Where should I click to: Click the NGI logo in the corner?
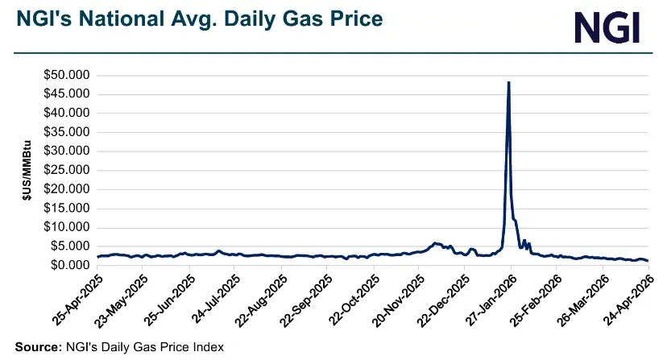607,27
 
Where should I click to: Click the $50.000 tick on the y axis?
68,75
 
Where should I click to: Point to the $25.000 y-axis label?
68,171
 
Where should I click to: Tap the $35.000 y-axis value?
68,132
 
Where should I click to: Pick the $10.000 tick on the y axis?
68,228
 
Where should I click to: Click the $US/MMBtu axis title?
27,170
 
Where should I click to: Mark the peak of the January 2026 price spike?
508,82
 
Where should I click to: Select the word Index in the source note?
207,347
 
